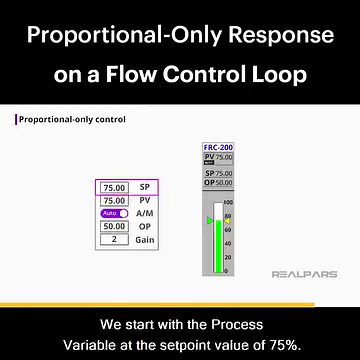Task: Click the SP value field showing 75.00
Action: point(115,187)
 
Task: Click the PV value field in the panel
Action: point(115,200)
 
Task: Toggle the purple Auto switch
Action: point(113,213)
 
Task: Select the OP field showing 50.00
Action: point(115,227)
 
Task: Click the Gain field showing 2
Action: point(115,240)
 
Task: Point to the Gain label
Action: point(144,240)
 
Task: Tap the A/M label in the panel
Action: point(144,213)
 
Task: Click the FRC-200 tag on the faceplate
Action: point(218,147)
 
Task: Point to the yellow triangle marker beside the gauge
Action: point(227,220)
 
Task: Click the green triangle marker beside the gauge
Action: point(209,220)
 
